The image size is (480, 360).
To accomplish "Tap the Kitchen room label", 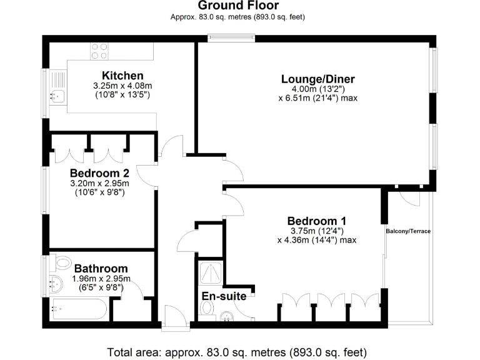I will [109, 76].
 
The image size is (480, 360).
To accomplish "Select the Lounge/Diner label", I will [317, 79].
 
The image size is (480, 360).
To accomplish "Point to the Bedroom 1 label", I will [317, 221].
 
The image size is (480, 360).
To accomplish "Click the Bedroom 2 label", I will [99, 173].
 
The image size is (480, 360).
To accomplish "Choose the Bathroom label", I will [101, 269].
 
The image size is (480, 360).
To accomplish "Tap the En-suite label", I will [224, 296].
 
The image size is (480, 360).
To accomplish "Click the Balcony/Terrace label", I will [407, 231].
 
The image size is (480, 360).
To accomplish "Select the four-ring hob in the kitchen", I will [99, 51].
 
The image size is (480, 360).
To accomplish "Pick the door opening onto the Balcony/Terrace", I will [409, 196].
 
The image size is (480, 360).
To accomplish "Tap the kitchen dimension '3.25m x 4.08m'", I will [109, 86].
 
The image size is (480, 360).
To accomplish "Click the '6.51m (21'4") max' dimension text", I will [317, 98].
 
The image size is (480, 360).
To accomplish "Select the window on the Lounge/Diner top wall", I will [232, 39].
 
